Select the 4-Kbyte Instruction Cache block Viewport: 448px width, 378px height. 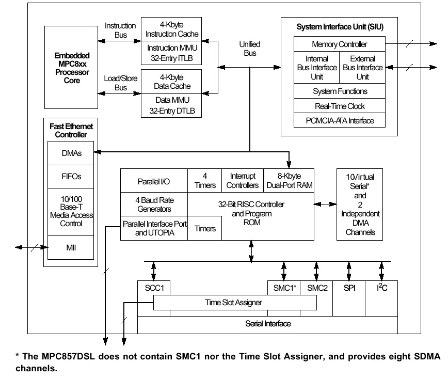point(172,29)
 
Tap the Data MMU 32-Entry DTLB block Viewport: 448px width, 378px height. point(172,105)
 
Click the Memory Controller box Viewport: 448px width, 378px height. point(339,44)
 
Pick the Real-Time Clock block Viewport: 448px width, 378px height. point(339,106)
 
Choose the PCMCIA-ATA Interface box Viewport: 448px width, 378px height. point(339,121)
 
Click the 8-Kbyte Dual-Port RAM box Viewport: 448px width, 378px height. point(289,181)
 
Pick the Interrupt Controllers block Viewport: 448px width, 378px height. point(243,181)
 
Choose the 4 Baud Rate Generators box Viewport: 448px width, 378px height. point(154,204)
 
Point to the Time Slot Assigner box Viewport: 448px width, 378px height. point(235,303)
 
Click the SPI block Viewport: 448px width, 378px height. point(349,288)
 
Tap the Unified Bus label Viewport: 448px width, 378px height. point(250,49)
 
